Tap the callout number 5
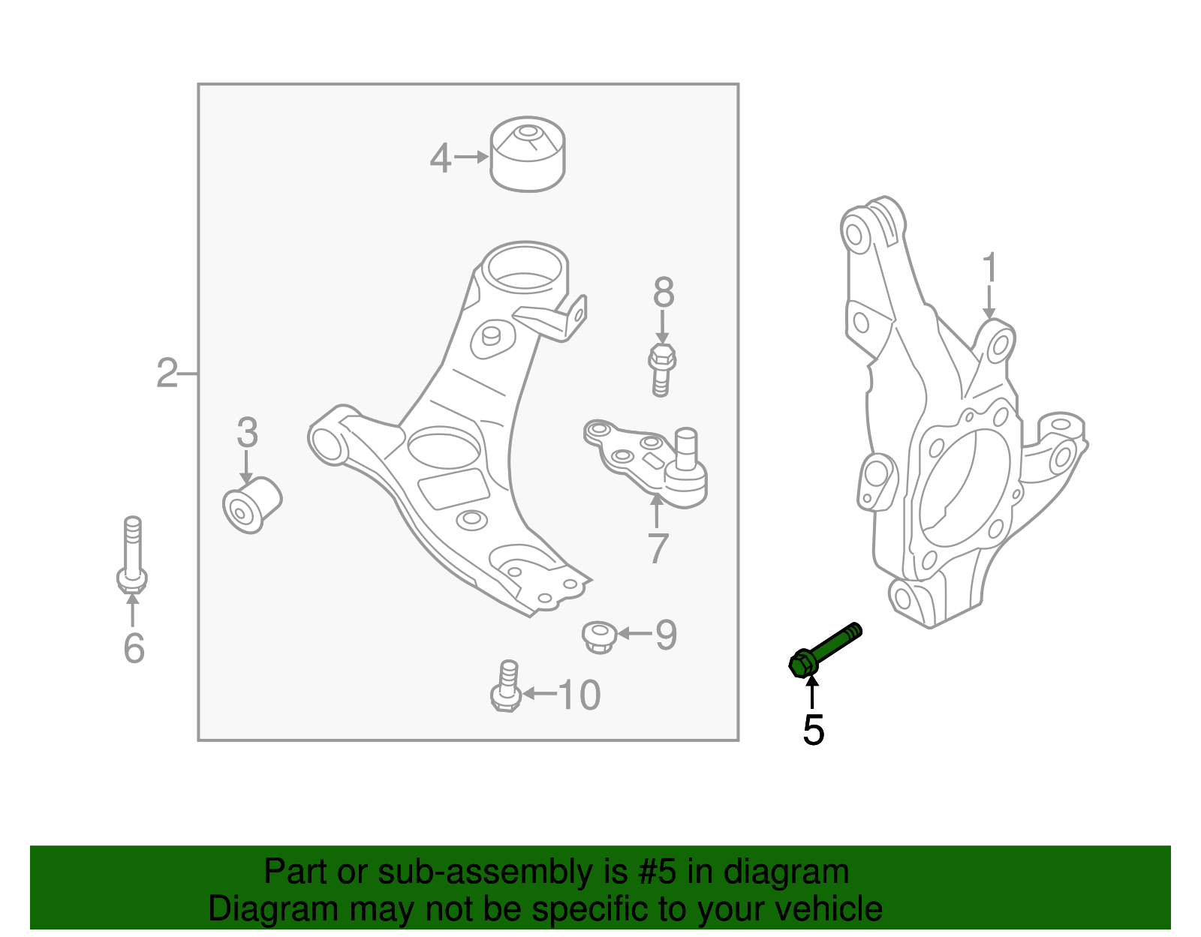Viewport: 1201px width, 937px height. [813, 730]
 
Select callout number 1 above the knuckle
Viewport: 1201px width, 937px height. [989, 269]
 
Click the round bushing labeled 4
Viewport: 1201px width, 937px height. [528, 155]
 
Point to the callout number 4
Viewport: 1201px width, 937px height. [441, 158]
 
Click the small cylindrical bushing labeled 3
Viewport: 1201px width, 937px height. [252, 505]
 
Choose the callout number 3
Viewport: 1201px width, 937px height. [247, 433]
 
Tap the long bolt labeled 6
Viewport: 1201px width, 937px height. [133, 555]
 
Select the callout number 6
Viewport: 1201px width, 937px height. [134, 648]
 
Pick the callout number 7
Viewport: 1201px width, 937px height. [658, 549]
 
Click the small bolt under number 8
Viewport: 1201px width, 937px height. [661, 370]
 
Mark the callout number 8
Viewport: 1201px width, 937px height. [664, 293]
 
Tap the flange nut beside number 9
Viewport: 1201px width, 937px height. [599, 636]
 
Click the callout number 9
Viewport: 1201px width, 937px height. [666, 635]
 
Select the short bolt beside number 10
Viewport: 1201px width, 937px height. [507, 686]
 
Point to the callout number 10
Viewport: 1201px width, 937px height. [579, 695]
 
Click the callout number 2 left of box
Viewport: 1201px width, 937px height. [167, 373]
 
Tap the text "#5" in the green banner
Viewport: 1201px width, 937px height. [658, 872]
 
